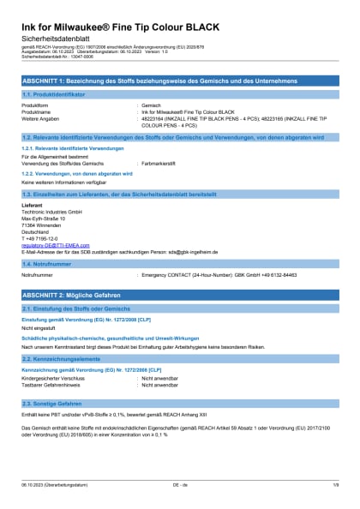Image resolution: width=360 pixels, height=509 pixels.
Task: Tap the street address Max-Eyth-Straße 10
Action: click(x=44, y=218)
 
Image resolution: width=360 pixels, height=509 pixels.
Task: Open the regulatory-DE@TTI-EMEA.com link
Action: click(x=55, y=245)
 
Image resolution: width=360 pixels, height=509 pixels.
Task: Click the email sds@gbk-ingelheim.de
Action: click(x=189, y=252)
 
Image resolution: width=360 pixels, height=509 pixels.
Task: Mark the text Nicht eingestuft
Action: click(x=38, y=327)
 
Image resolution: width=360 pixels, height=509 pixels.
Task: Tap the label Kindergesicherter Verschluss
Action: click(x=53, y=376)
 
